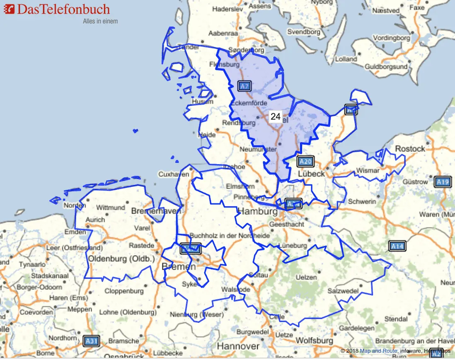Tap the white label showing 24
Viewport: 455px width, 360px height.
tap(276, 116)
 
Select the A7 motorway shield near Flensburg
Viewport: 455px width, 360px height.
tap(245, 86)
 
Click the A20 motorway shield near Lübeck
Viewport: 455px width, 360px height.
tap(305, 162)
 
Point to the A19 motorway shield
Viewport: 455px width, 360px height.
tap(442, 181)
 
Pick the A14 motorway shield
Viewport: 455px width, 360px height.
tap(397, 246)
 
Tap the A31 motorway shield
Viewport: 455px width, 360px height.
tap(91, 341)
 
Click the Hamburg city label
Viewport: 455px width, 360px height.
tap(257, 212)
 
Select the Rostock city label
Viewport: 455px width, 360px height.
tap(410, 149)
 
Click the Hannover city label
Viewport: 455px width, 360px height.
tap(238, 346)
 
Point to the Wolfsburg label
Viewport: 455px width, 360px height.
tap(314, 341)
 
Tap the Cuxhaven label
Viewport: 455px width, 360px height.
tap(174, 174)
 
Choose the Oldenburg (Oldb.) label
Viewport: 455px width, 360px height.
tap(121, 259)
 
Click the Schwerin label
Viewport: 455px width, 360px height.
tap(362, 201)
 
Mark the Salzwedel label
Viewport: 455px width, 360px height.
tap(343, 291)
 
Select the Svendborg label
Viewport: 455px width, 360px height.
tap(304, 32)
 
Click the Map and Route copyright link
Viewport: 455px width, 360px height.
tap(378, 351)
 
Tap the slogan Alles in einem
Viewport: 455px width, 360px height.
tap(100, 21)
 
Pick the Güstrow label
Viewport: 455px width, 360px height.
tap(415, 181)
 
